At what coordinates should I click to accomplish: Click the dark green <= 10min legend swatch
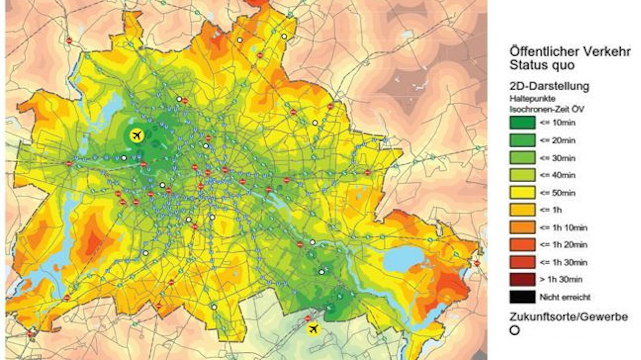[522, 123]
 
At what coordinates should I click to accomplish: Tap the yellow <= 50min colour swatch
[522, 193]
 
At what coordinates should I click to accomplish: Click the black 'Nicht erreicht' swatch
[522, 297]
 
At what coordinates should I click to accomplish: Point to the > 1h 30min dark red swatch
[522, 280]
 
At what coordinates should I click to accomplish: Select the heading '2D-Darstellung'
[549, 86]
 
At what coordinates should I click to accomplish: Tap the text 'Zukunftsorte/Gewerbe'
[568, 317]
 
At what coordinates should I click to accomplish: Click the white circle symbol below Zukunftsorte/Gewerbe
[515, 330]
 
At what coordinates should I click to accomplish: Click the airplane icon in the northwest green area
[137, 135]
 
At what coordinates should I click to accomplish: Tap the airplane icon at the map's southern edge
[313, 329]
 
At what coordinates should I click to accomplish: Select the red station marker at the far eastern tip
[477, 263]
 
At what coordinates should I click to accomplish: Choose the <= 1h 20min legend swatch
[522, 245]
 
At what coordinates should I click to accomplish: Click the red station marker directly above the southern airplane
[308, 318]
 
